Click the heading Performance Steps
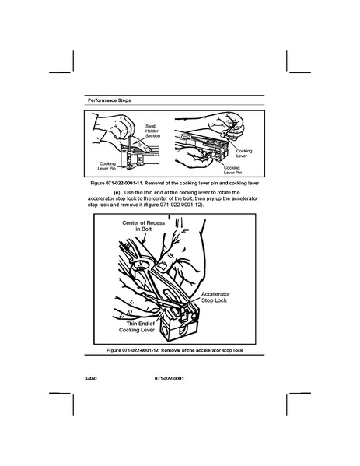(x=110, y=100)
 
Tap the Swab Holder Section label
(x=152, y=131)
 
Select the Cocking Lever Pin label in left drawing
(x=107, y=166)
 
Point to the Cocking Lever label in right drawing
(x=244, y=153)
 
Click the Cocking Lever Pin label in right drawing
(x=232, y=170)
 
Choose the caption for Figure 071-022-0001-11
(x=175, y=183)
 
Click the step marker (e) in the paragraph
(x=117, y=193)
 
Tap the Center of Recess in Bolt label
(x=144, y=226)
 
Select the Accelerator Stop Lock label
(x=215, y=297)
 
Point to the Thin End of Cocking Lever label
(x=137, y=327)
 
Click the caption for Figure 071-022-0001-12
(x=175, y=350)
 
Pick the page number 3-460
(x=91, y=379)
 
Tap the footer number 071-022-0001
(x=170, y=379)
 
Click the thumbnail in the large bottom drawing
(x=163, y=267)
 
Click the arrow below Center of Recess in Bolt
(x=144, y=238)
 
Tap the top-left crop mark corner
(x=73, y=72)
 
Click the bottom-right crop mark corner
(x=287, y=393)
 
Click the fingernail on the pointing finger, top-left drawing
(x=148, y=149)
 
